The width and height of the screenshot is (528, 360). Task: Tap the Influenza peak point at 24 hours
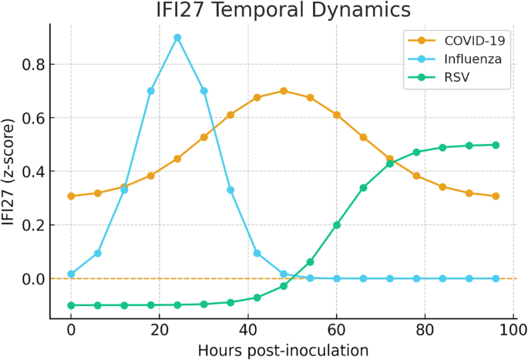click(x=177, y=37)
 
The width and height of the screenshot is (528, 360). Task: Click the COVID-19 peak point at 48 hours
click(x=284, y=91)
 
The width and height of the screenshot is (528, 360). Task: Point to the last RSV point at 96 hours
click(x=496, y=145)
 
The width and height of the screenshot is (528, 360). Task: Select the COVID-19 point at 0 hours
click(x=71, y=196)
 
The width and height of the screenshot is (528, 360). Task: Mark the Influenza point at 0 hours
click(x=71, y=274)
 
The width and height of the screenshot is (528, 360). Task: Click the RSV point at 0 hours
click(x=71, y=305)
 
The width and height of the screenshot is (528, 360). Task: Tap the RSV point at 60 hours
click(x=337, y=225)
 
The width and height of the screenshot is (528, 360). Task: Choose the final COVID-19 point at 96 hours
click(x=496, y=196)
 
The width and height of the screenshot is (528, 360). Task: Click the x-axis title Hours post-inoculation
click(x=282, y=350)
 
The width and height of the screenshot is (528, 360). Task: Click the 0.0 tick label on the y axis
click(x=32, y=278)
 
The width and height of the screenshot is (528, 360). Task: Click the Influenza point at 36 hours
click(x=230, y=190)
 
